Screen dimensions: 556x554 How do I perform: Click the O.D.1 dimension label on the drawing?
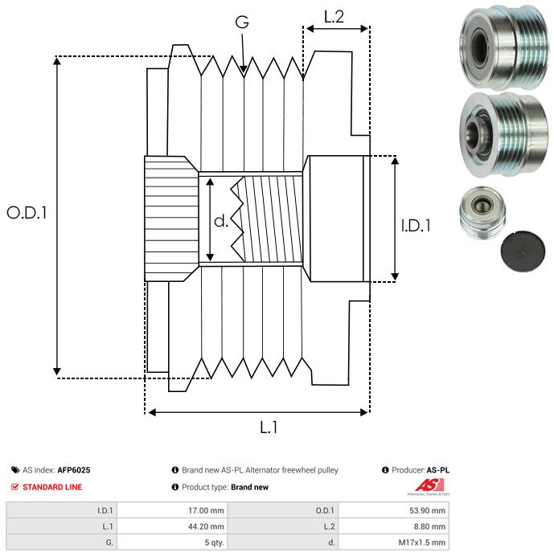27,213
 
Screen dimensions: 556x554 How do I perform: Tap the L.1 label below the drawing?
269,428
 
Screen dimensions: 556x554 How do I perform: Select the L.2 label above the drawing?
334,15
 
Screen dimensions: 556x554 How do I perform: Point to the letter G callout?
241,22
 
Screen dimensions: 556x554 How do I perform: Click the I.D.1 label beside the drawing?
416,226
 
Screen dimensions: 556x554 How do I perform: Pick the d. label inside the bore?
221,221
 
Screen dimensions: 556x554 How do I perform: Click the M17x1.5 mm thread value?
425,542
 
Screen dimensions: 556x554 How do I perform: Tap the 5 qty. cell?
213,542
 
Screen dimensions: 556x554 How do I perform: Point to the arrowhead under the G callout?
244,70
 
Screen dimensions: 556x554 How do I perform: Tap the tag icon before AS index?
15,470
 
